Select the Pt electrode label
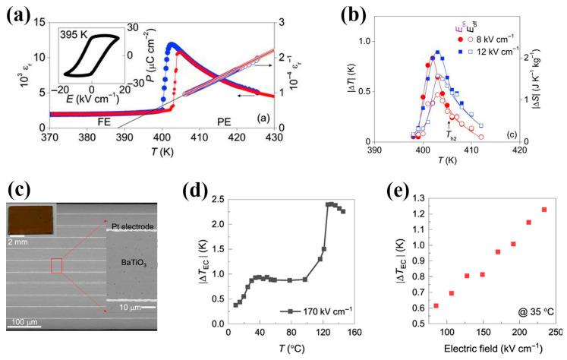135,226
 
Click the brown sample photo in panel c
30,218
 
